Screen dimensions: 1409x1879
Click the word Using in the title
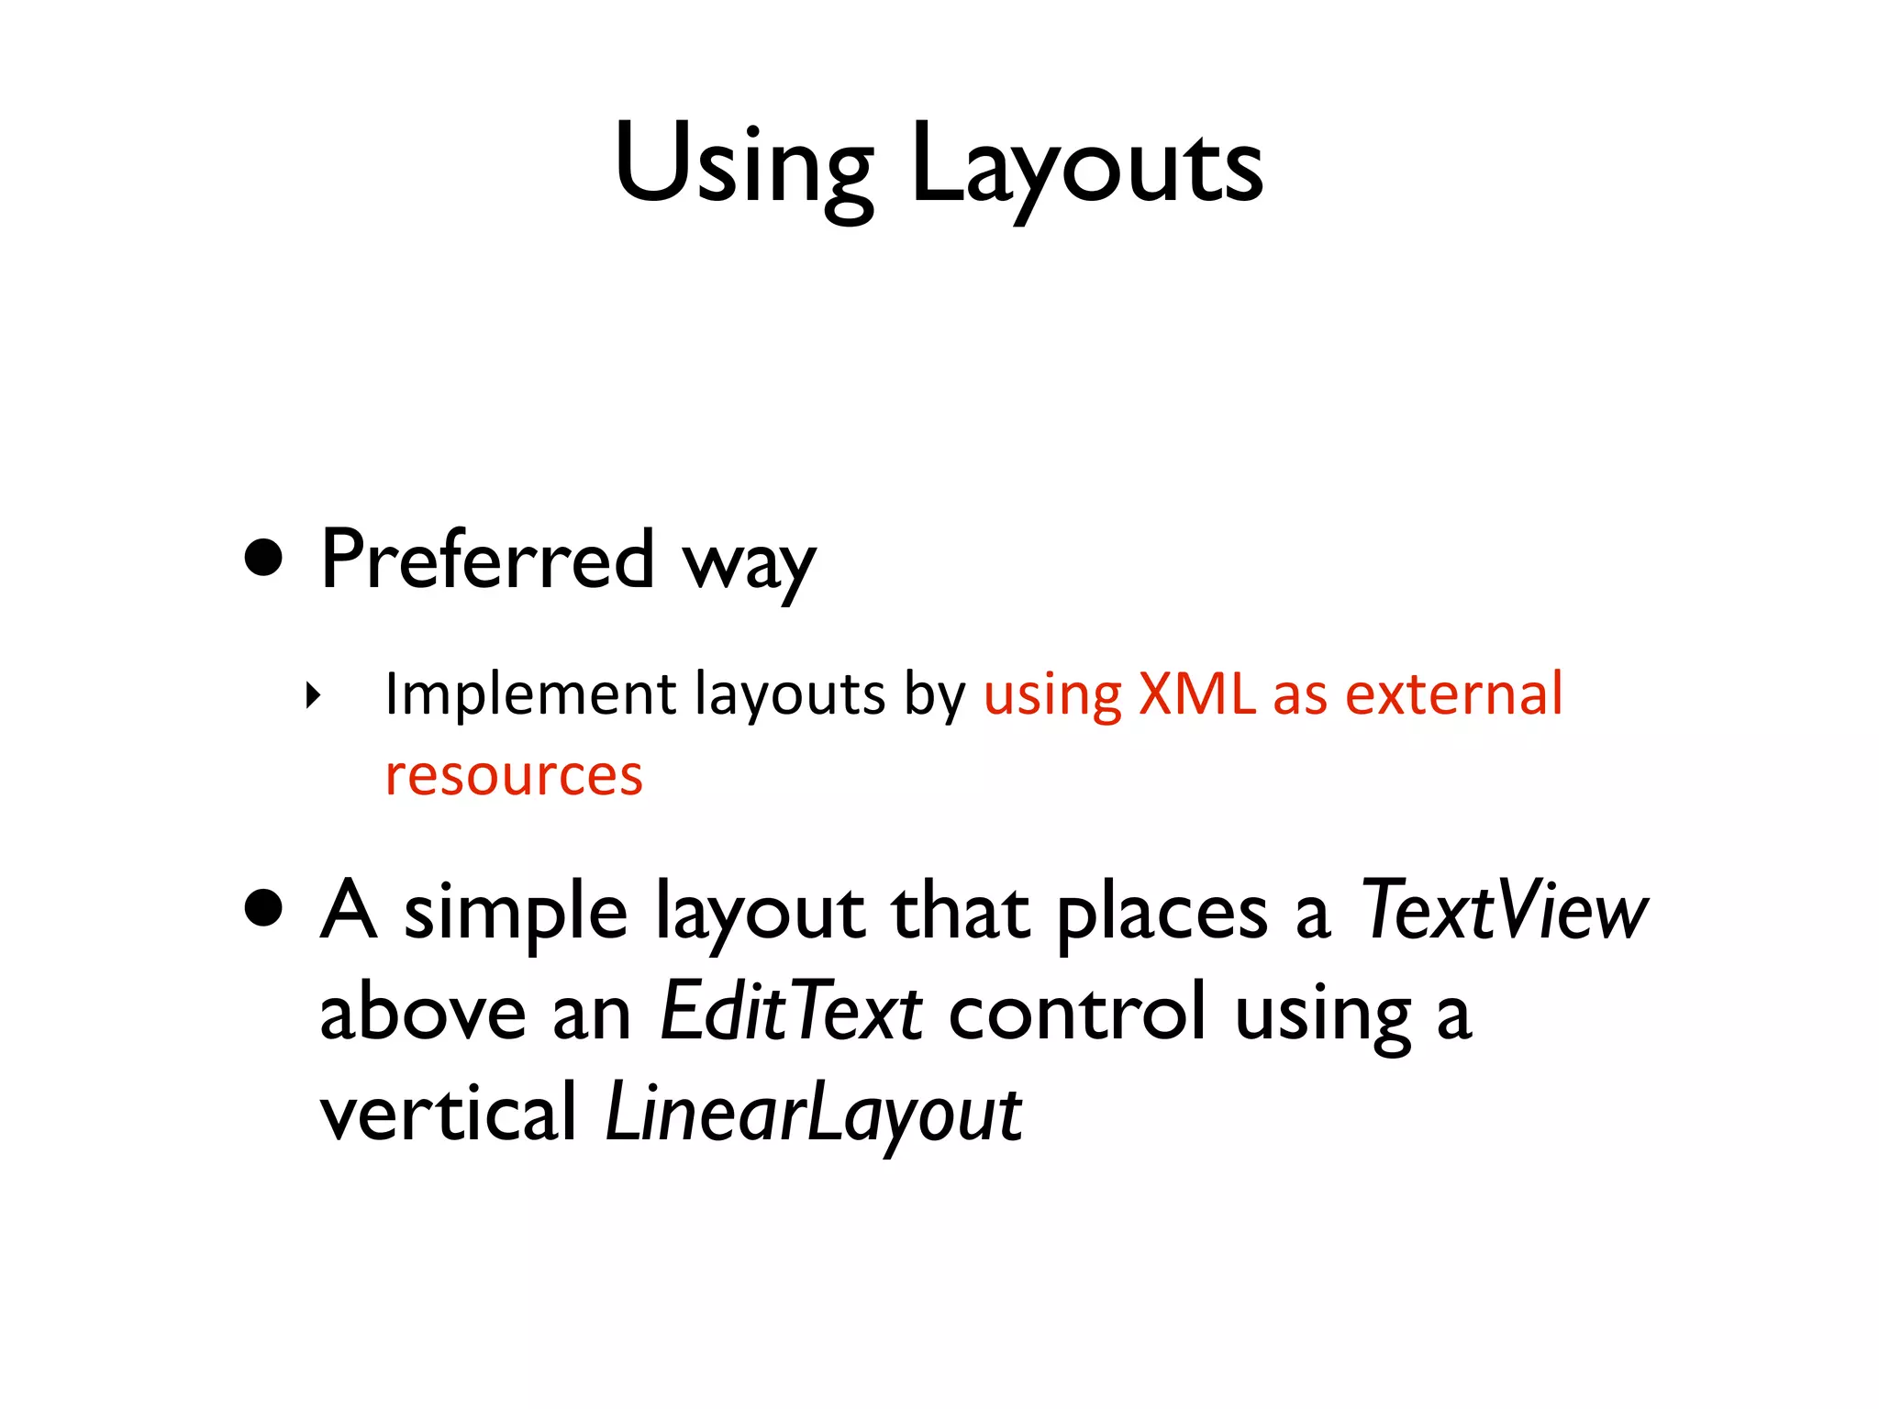tap(744, 165)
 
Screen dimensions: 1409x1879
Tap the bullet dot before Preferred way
tap(264, 557)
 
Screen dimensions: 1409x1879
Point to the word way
tap(749, 564)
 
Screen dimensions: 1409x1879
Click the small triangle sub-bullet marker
tap(314, 695)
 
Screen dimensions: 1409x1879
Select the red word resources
tap(514, 775)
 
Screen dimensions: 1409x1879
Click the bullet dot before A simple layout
tap(264, 908)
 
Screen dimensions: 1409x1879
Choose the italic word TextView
tap(1503, 910)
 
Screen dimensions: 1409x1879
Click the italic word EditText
tap(791, 1012)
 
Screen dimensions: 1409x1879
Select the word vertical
tap(448, 1113)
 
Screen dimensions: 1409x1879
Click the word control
tap(1077, 1012)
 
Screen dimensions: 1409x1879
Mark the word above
tap(423, 1012)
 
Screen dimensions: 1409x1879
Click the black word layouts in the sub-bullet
tap(790, 694)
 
